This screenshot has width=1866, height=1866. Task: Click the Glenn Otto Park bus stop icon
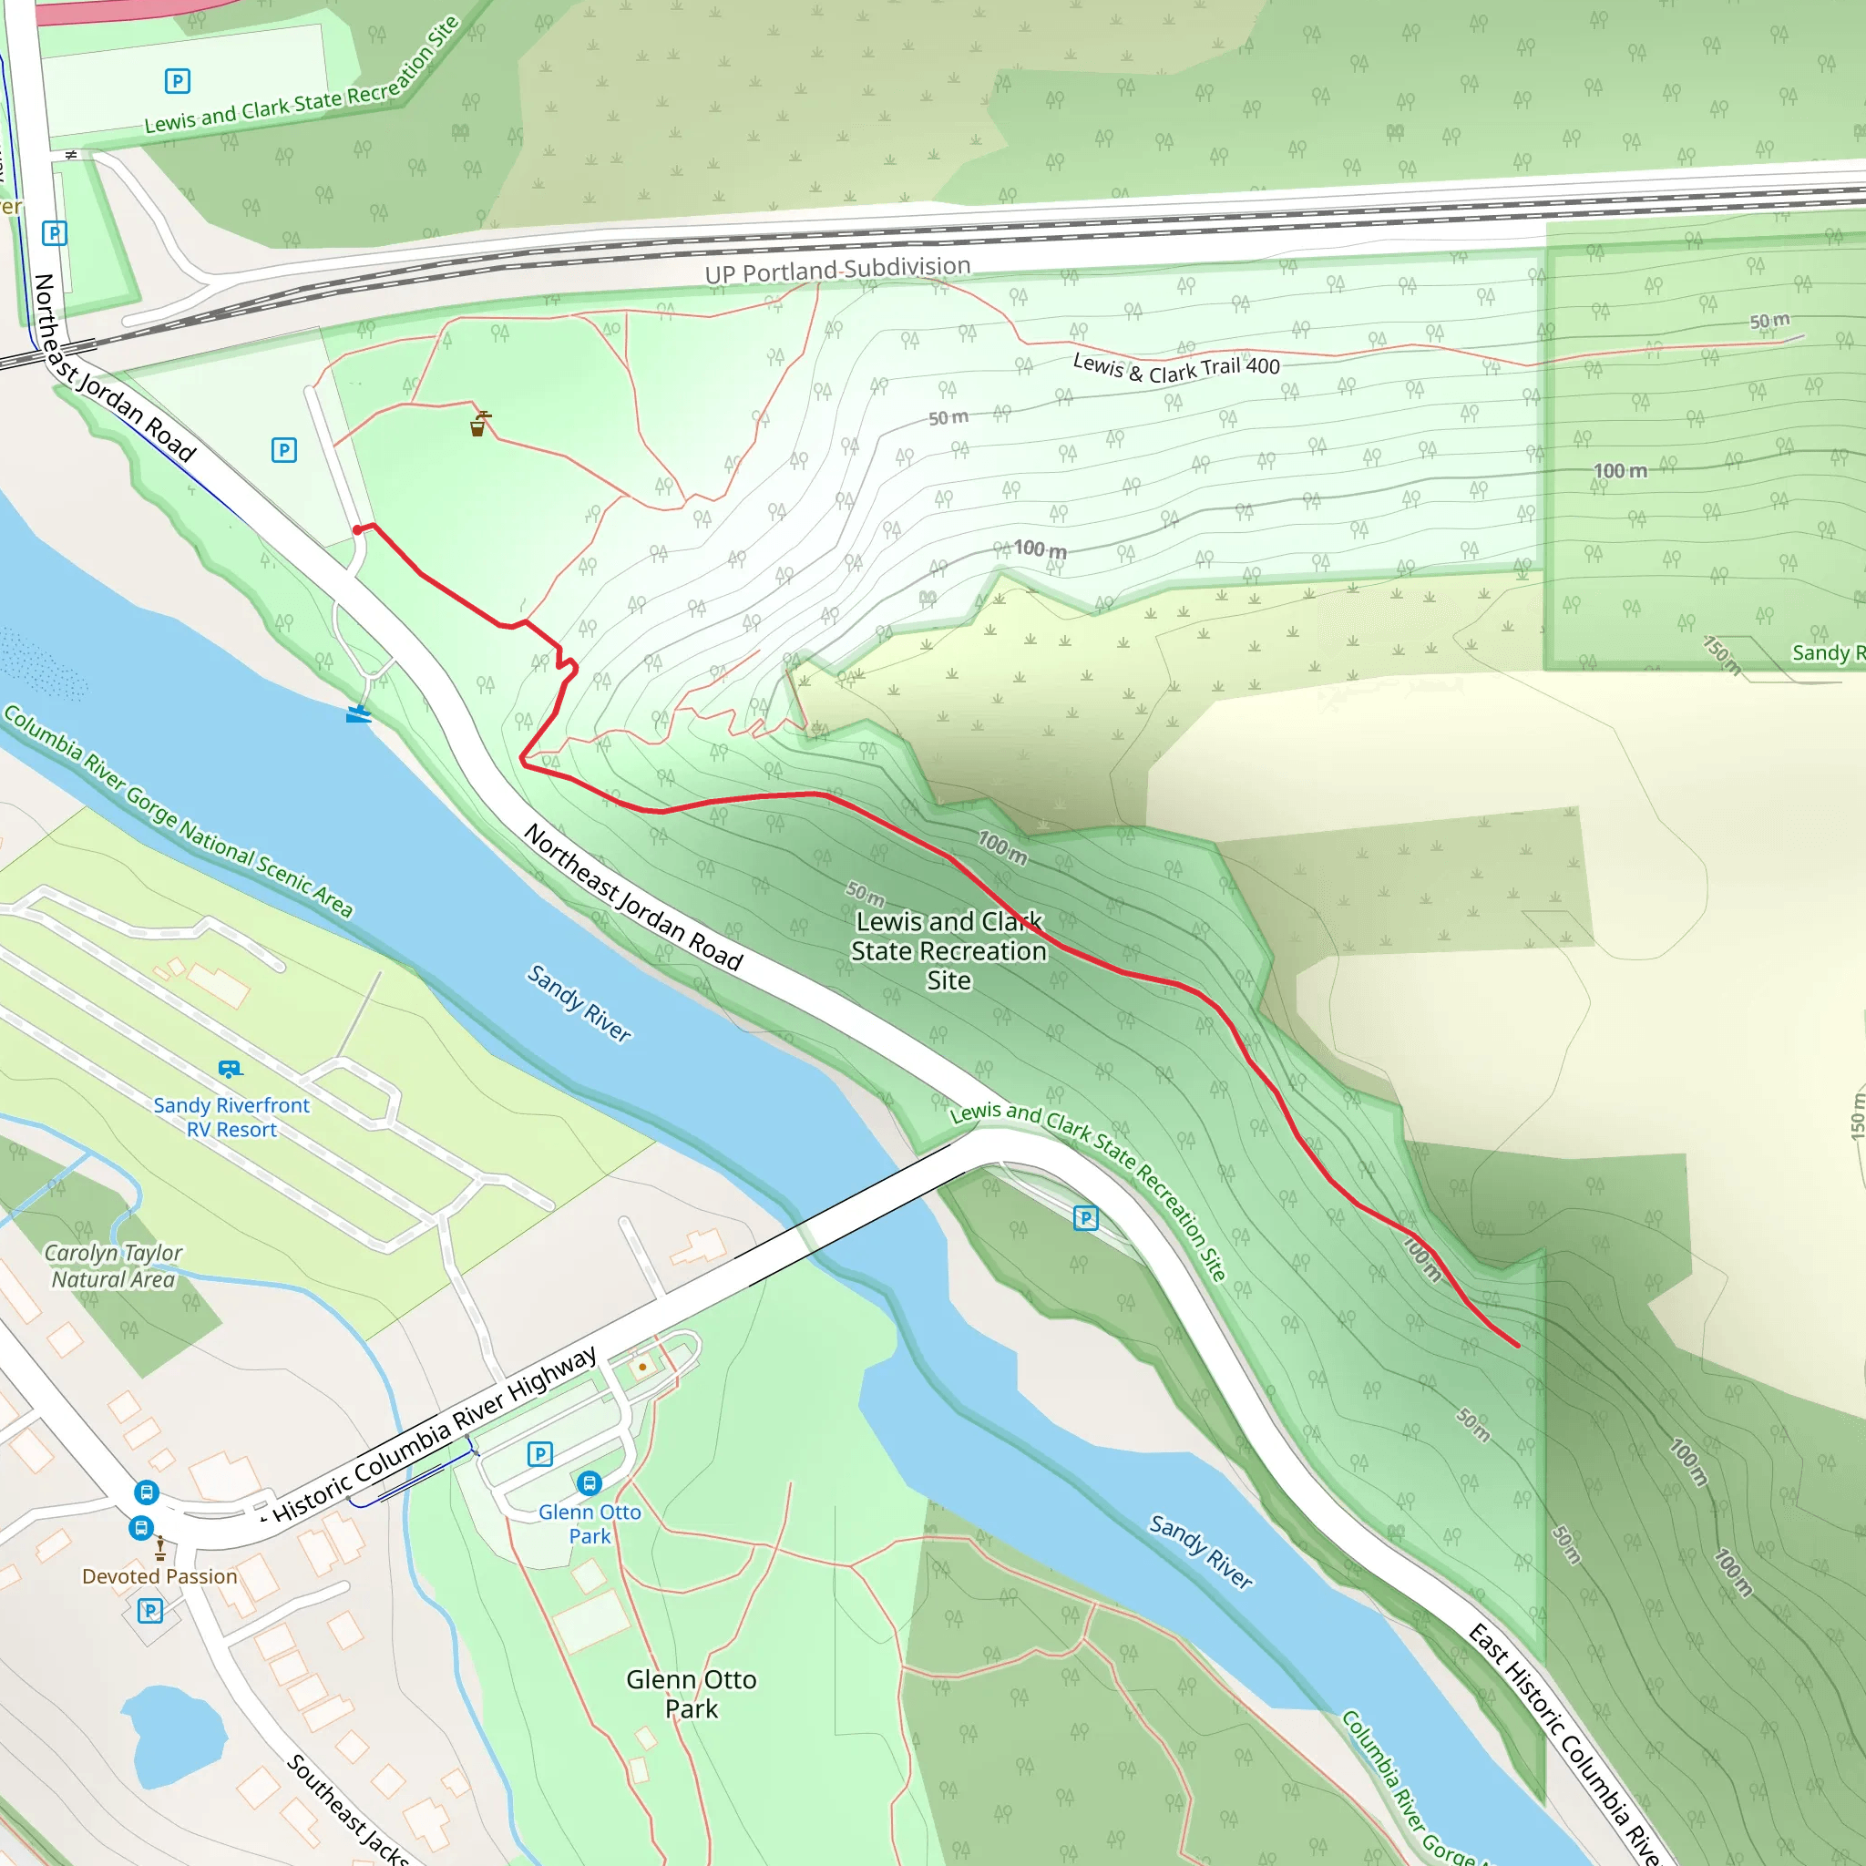(590, 1482)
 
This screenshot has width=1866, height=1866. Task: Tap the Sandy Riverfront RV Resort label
(231, 1117)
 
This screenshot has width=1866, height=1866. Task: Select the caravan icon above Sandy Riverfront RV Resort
(230, 1068)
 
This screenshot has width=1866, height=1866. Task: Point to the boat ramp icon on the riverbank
(358, 713)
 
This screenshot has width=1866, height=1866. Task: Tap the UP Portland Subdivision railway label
(837, 270)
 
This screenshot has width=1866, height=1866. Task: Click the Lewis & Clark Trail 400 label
(1176, 366)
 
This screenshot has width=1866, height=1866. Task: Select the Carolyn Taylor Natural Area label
(113, 1266)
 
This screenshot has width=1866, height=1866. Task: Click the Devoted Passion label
(159, 1576)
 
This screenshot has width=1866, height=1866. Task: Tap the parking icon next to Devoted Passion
(149, 1610)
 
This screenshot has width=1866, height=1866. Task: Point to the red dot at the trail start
(357, 529)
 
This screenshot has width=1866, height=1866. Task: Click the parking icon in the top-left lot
(178, 81)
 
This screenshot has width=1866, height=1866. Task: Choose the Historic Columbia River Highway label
(435, 1436)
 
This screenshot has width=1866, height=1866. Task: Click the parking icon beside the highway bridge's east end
(1085, 1218)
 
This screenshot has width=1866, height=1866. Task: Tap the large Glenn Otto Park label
(692, 1693)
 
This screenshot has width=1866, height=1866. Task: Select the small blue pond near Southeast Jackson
(174, 1734)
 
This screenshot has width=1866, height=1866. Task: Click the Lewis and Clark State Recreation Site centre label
(948, 950)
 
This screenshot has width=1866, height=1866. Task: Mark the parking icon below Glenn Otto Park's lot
(540, 1453)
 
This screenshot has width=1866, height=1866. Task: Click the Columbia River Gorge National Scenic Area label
(179, 811)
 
